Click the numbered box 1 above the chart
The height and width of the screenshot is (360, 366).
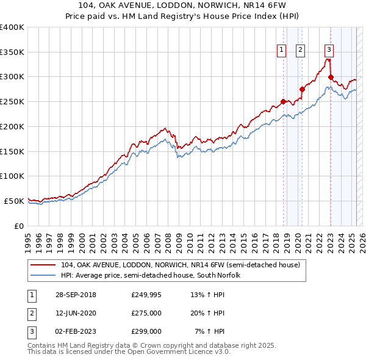282,51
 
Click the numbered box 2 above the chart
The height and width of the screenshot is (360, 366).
301,51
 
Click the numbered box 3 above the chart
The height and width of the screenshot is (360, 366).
329,51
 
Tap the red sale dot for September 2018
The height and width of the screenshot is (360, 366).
283,101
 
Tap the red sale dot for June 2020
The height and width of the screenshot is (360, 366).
302,89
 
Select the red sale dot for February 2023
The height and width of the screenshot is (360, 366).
331,77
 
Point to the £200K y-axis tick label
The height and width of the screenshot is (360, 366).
12,126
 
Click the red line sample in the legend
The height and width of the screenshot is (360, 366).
43,265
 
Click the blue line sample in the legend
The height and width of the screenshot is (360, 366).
43,275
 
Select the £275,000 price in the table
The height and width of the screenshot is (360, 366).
146,313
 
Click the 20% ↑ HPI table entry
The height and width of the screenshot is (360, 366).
207,313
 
